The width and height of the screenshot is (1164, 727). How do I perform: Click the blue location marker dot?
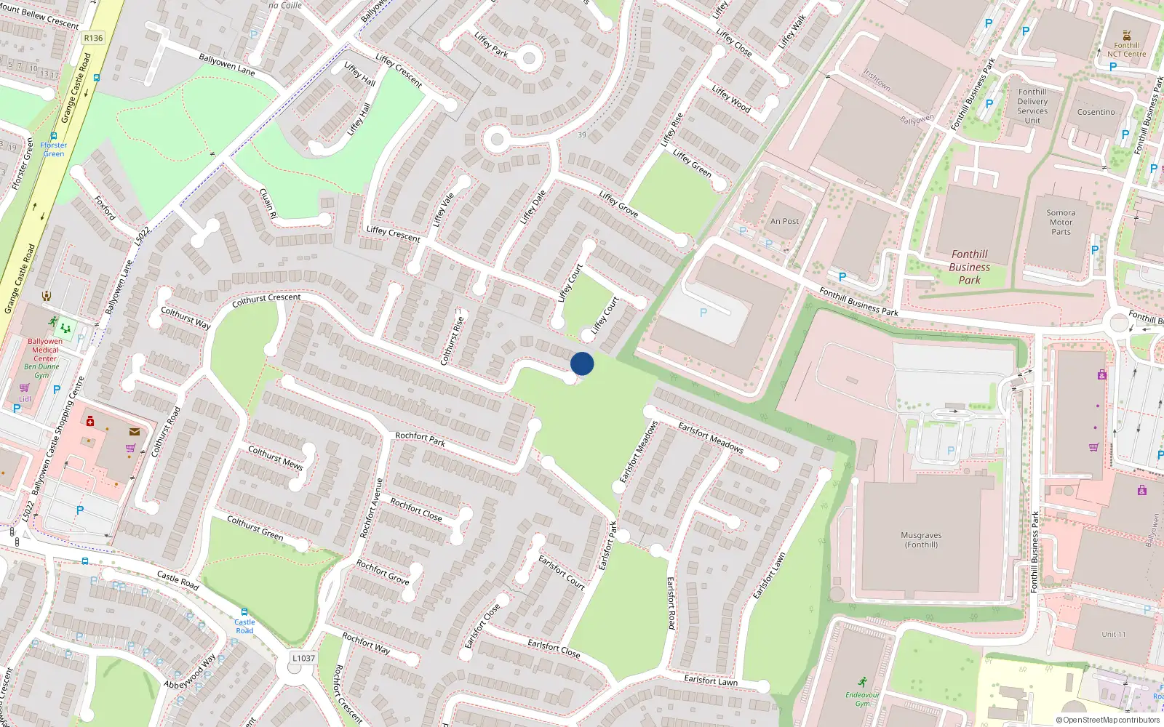tap(582, 363)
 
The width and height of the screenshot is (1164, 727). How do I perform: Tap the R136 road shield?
tap(93, 38)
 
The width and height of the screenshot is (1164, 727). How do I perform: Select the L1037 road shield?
tap(303, 658)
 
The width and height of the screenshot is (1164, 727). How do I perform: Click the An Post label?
tap(784, 221)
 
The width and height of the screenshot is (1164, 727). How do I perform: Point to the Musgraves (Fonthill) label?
tap(921, 539)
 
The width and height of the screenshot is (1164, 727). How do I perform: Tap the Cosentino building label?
tap(1096, 112)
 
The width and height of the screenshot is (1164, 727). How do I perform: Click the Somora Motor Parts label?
tap(1061, 222)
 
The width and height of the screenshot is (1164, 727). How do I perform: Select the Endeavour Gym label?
tap(862, 699)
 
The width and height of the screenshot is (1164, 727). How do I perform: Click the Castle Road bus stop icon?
tap(244, 612)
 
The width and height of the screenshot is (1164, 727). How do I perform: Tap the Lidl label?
tap(25, 399)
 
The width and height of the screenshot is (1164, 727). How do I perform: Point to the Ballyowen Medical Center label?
tap(44, 350)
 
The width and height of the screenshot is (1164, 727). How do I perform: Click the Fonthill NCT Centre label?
tap(1126, 49)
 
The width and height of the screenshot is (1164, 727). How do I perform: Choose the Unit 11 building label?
tap(1113, 634)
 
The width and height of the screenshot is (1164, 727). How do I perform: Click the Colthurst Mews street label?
tap(275, 458)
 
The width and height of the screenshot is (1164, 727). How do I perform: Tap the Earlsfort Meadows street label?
tap(710, 437)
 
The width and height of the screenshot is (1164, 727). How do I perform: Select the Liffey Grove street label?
tap(618, 204)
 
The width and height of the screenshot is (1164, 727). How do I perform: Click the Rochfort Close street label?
tap(415, 509)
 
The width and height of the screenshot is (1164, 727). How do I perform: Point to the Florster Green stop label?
tap(54, 149)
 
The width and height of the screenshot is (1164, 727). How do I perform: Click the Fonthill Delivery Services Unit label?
tap(1032, 106)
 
